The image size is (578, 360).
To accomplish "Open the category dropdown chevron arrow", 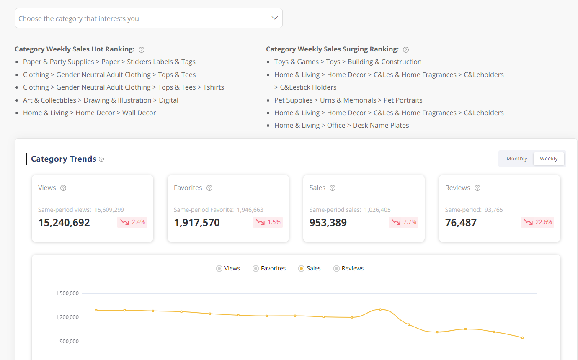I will coord(275,18).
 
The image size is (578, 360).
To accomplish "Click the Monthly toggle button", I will coord(516,159).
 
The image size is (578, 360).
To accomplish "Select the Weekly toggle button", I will coord(548,159).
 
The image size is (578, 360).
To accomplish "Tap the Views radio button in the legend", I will coord(219,269).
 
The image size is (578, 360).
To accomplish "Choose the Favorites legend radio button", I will coord(255,269).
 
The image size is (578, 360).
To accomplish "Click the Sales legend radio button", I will coord(301,269).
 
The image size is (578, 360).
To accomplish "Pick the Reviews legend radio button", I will coord(336,269).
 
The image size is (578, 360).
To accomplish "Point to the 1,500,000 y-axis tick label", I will coord(67,293).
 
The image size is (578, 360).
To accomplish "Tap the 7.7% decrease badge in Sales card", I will coord(403,222).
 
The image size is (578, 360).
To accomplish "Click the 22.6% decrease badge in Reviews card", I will coord(537,222).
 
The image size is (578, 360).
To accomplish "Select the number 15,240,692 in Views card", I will coord(64,223).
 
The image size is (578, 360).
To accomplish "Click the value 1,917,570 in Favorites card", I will coord(197,223).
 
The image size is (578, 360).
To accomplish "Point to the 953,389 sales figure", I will coord(328,223).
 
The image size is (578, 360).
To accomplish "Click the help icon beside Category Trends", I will coord(101,159).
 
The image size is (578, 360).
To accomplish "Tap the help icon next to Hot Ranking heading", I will coord(142,50).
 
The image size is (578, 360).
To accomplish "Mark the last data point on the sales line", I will coord(522,338).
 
